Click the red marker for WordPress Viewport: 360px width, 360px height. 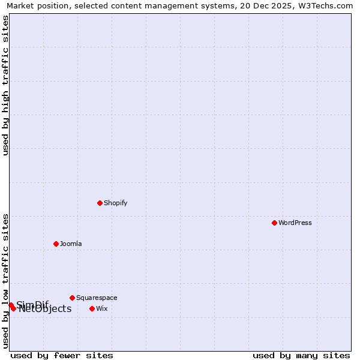274,223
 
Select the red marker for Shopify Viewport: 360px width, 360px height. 100,203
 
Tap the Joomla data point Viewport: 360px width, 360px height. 56,244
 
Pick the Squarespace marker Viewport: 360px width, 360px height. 72,298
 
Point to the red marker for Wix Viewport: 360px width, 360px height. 92,308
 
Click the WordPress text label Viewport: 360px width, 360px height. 295,223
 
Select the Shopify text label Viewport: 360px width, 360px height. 116,203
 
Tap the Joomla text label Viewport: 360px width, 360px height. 71,244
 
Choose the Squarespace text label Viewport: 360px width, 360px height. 97,298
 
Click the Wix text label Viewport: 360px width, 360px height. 102,308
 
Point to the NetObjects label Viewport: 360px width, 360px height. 45,309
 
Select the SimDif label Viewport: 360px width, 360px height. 32,304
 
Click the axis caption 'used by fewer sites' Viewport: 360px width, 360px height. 62,355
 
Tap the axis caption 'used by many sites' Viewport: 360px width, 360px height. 301,355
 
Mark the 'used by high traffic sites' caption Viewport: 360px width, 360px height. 5,85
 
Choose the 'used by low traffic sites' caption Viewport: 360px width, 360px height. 5,280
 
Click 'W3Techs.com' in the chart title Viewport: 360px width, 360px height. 323,6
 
